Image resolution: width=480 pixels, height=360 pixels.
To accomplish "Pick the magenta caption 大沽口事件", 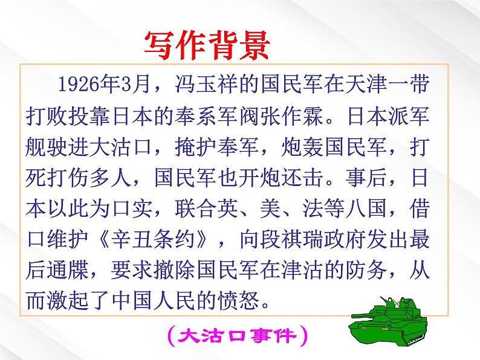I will [x=239, y=333].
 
